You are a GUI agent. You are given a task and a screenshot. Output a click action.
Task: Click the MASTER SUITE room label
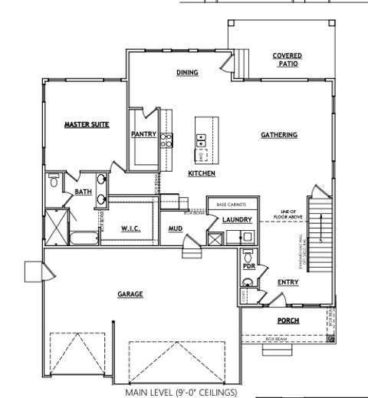click(x=86, y=124)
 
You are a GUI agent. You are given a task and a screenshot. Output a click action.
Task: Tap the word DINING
click(x=187, y=73)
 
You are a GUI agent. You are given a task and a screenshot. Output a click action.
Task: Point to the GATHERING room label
click(x=279, y=135)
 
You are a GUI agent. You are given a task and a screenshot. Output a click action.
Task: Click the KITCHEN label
click(x=201, y=174)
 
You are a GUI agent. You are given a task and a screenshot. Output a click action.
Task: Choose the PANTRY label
click(x=143, y=134)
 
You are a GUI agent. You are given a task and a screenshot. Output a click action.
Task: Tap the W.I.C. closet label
click(x=130, y=229)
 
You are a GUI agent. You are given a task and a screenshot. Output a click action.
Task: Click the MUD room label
click(x=176, y=229)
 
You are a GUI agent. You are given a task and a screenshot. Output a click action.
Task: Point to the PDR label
click(x=249, y=266)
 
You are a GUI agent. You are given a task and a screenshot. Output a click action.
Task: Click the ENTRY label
click(x=288, y=282)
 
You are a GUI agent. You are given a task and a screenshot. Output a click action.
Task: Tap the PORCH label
click(x=288, y=321)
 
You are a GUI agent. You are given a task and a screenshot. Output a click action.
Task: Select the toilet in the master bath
click(x=52, y=183)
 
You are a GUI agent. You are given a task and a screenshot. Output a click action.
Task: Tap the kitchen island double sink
click(x=202, y=140)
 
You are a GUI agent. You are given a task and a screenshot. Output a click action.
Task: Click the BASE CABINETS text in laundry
click(x=231, y=206)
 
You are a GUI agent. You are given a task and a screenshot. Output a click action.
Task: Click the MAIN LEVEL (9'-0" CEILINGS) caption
click(x=181, y=392)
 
